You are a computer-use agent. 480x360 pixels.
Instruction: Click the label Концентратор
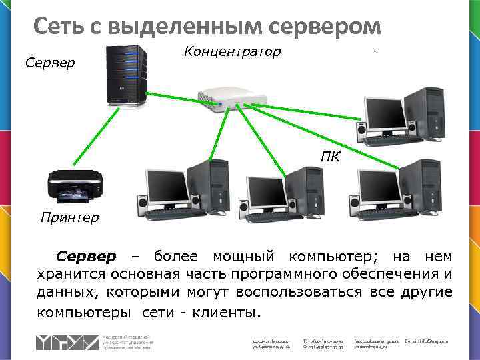point(232,51)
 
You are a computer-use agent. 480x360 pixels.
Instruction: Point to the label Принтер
point(69,217)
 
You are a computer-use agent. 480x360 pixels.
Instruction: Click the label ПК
point(330,157)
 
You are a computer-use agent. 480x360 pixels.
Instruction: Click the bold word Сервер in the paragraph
point(86,257)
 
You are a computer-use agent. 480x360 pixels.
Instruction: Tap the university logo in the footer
point(67,341)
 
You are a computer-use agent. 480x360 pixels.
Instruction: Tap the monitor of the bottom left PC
point(167,184)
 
